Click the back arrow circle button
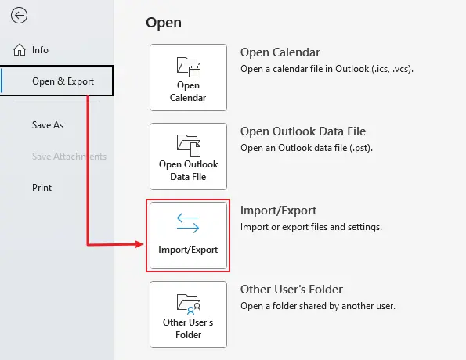(19, 16)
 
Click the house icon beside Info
(20, 49)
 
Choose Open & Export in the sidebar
(63, 81)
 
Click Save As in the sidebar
(48, 125)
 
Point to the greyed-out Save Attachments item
(69, 157)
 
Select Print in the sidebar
(42, 188)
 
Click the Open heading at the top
(164, 23)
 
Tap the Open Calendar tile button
(189, 77)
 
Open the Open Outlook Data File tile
(189, 157)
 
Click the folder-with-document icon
(189, 146)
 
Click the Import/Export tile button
(189, 236)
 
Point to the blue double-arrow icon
(188, 223)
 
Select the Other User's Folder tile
(189, 315)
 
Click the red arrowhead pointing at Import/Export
(139, 244)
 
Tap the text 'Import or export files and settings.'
(311, 227)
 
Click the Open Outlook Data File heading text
(303, 131)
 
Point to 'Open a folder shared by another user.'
(318, 306)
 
